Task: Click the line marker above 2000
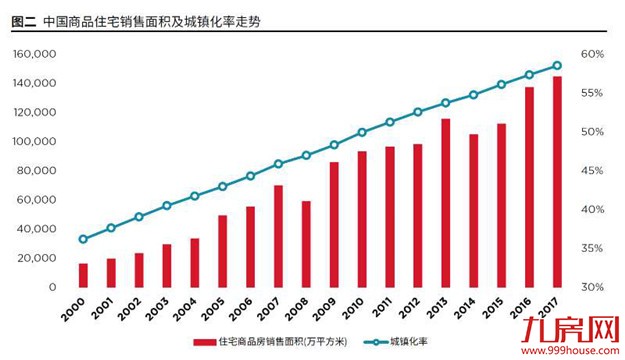point(83,239)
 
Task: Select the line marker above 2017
point(556,66)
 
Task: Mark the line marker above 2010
point(361,132)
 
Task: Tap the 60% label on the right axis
point(591,53)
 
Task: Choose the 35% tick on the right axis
point(591,248)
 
